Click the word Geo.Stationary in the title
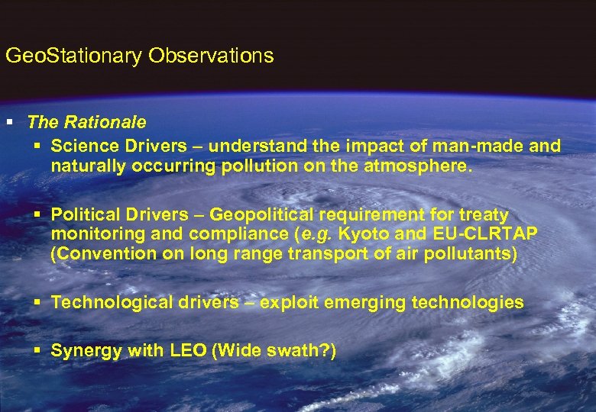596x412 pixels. point(74,56)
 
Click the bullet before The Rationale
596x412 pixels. point(9,122)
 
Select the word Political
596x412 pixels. point(85,216)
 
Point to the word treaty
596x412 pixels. point(481,216)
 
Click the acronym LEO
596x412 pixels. point(188,351)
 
